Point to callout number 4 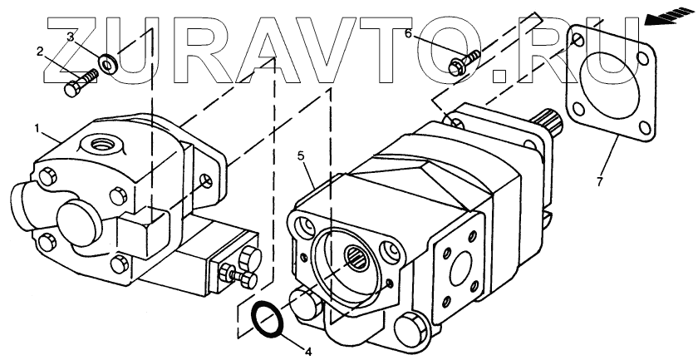click(307, 352)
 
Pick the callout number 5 click(302, 155)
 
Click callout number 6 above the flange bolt click(408, 33)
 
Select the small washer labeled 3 click(107, 62)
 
